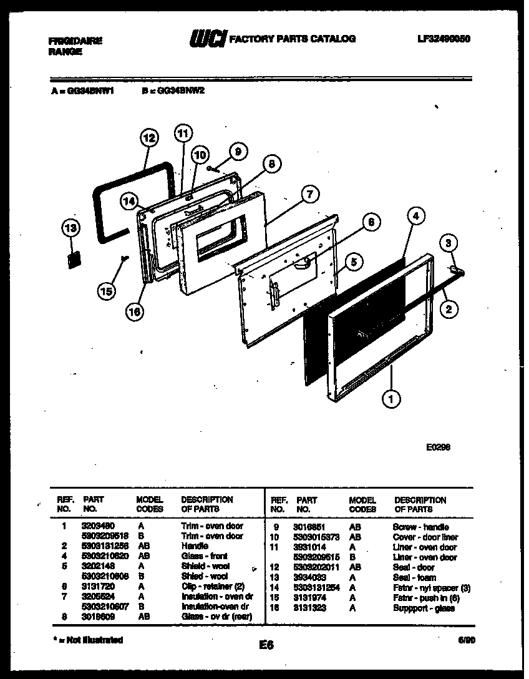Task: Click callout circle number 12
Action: click(x=149, y=138)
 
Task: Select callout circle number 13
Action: click(x=71, y=229)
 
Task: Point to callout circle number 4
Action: click(x=416, y=217)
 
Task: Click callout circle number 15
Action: click(x=107, y=290)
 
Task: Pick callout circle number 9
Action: click(x=238, y=150)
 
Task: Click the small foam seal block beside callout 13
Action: click(x=74, y=259)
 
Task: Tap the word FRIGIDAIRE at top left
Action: click(x=75, y=40)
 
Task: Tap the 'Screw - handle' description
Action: click(x=420, y=527)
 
